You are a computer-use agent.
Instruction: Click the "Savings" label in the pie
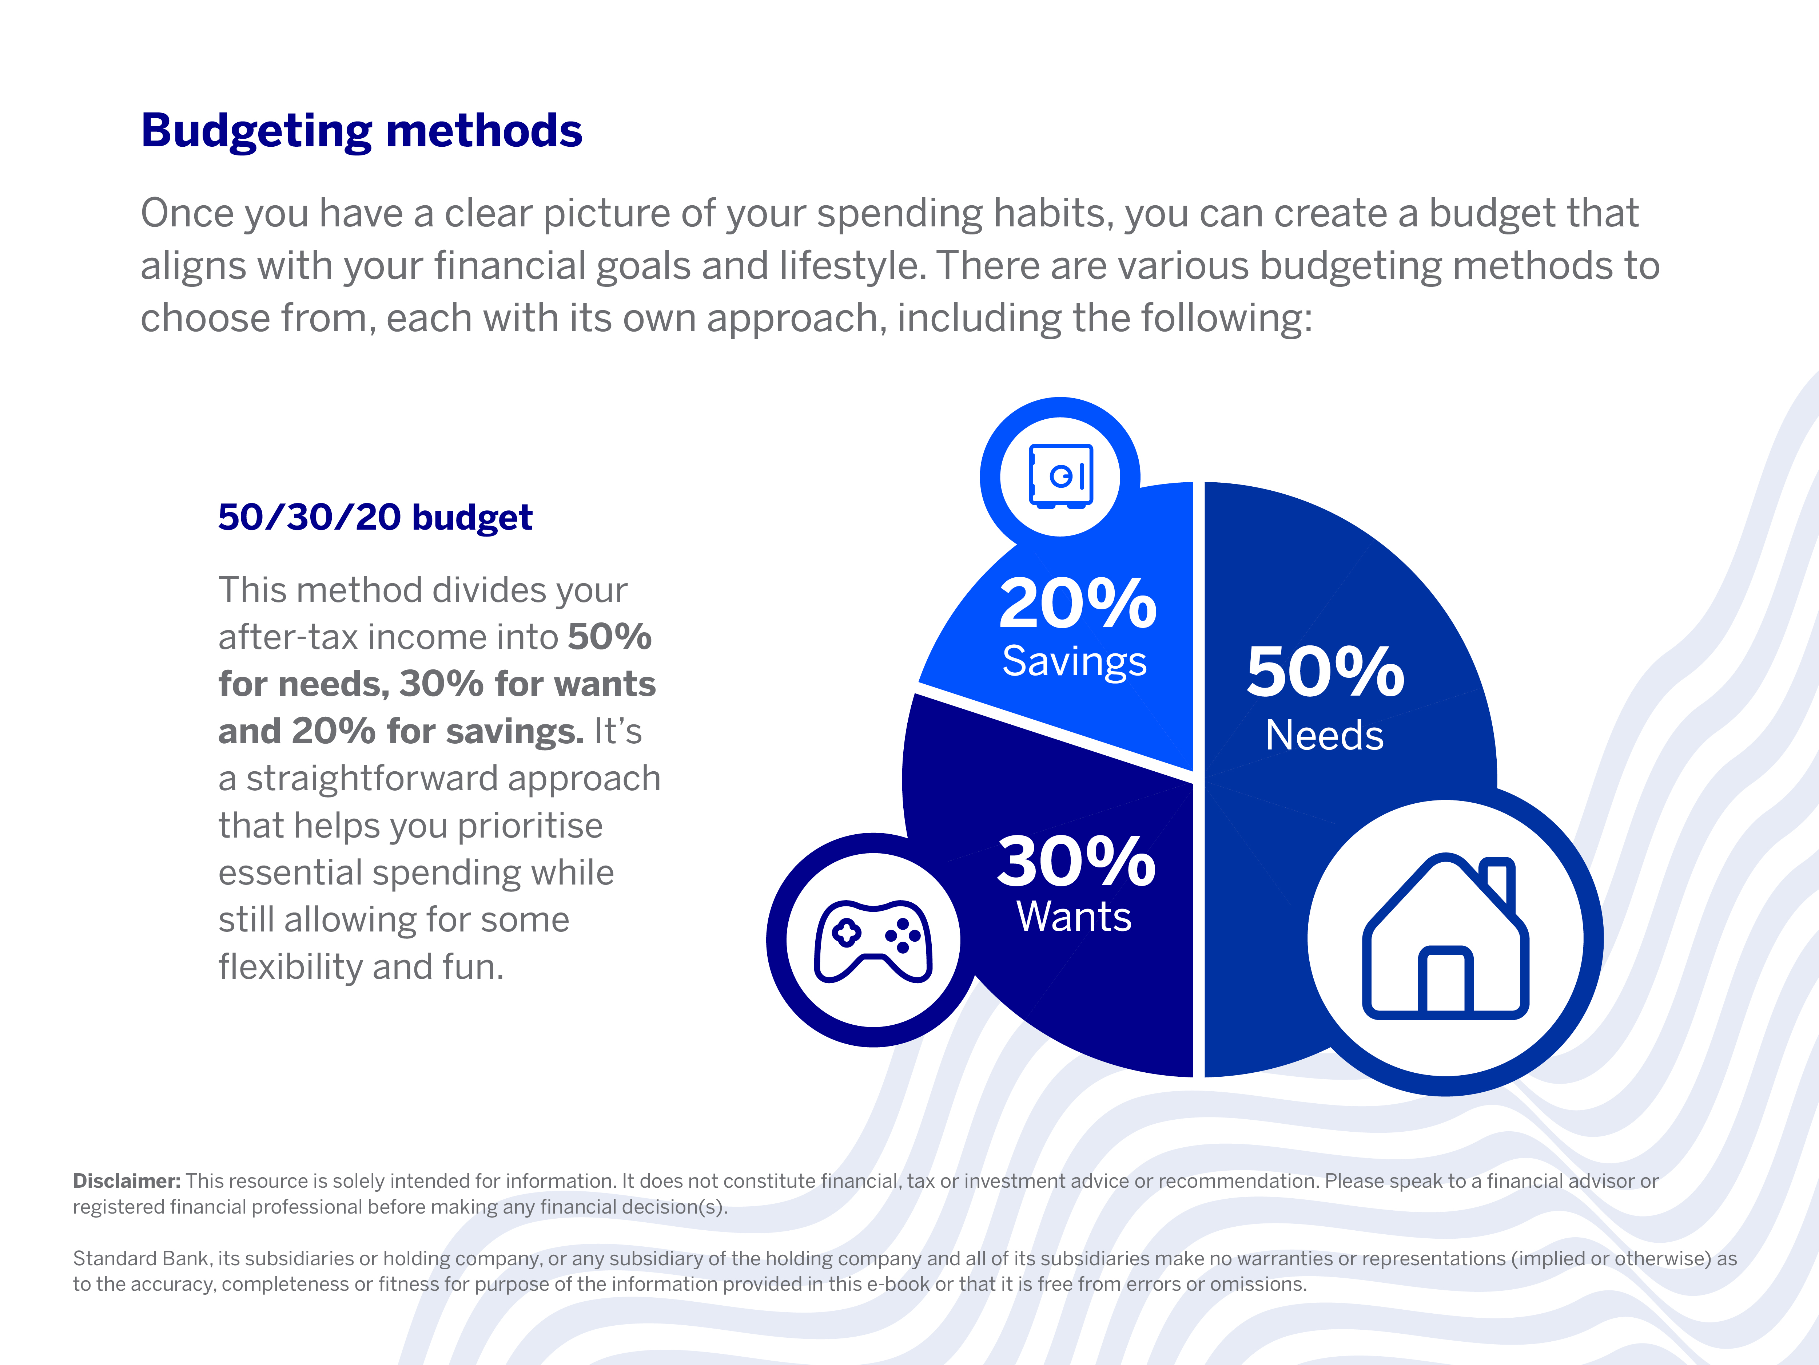pyautogui.click(x=1074, y=661)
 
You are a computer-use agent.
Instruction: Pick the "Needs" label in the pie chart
pyautogui.click(x=1324, y=735)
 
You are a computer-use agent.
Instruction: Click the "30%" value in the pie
pyautogui.click(x=1076, y=862)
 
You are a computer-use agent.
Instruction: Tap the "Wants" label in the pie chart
pyautogui.click(x=1074, y=917)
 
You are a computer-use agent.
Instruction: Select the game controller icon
pyautogui.click(x=873, y=941)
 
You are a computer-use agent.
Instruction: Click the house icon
pyautogui.click(x=1445, y=938)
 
